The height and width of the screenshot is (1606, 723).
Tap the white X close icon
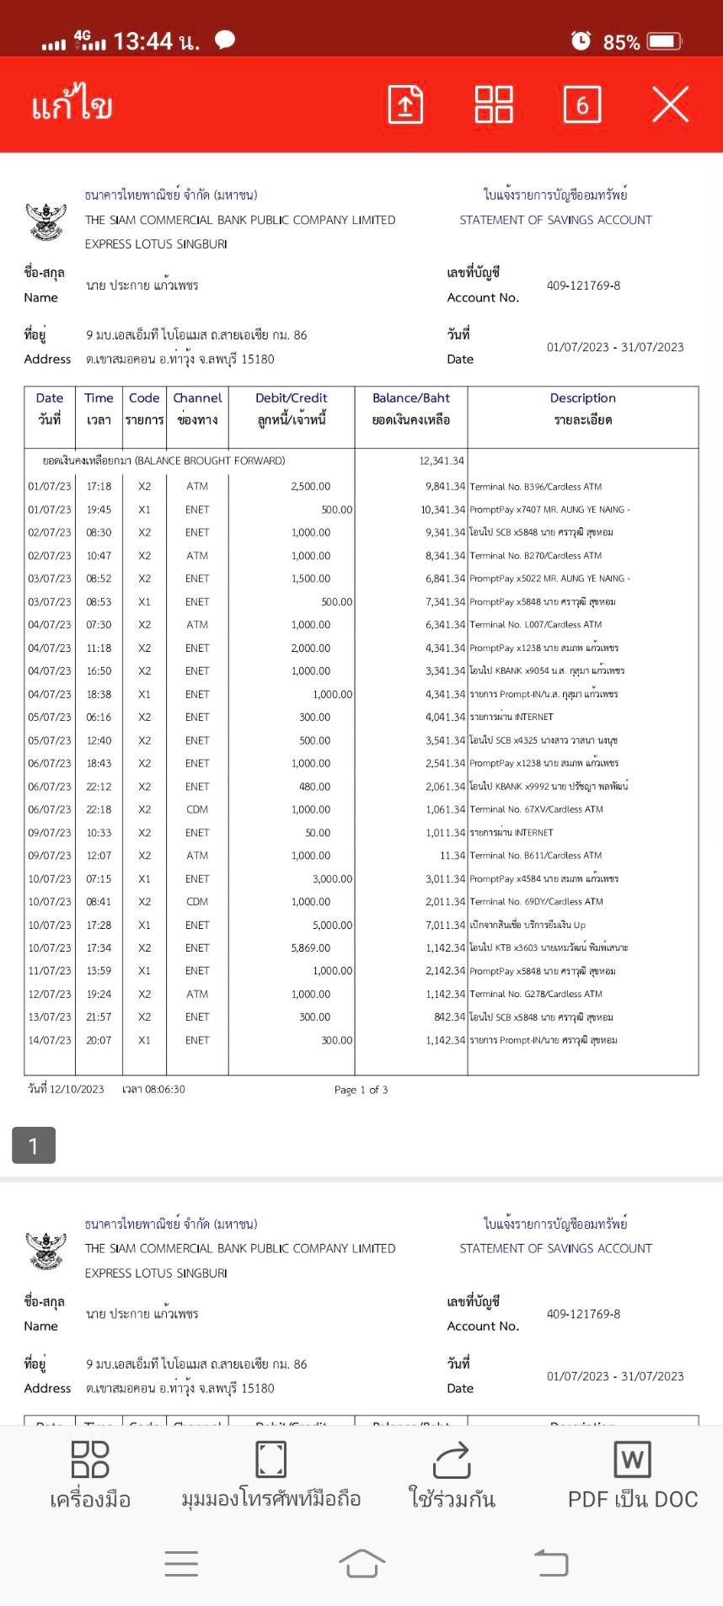point(671,104)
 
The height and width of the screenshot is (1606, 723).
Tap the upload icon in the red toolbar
point(405,104)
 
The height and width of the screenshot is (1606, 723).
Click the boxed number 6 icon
point(582,104)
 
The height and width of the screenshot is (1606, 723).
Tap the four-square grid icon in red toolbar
point(494,104)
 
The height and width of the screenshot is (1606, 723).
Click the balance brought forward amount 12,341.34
point(442,461)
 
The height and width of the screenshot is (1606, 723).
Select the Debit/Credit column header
point(292,398)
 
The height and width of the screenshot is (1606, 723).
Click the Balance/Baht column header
point(411,398)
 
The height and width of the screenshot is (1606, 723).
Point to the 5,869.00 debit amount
point(311,948)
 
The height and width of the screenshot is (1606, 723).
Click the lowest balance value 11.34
point(452,856)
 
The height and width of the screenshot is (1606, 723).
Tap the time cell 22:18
point(99,809)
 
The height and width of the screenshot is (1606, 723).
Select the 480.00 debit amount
point(314,787)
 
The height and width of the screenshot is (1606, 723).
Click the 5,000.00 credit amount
point(332,925)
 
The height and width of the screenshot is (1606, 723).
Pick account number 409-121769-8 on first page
point(583,285)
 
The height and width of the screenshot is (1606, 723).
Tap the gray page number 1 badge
point(34,1145)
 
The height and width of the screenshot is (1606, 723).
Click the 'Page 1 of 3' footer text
point(361,1090)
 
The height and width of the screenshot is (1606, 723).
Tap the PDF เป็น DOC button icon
point(633,1459)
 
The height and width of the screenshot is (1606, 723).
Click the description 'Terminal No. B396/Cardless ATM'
point(536,487)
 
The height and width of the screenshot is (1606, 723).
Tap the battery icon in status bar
point(665,40)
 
